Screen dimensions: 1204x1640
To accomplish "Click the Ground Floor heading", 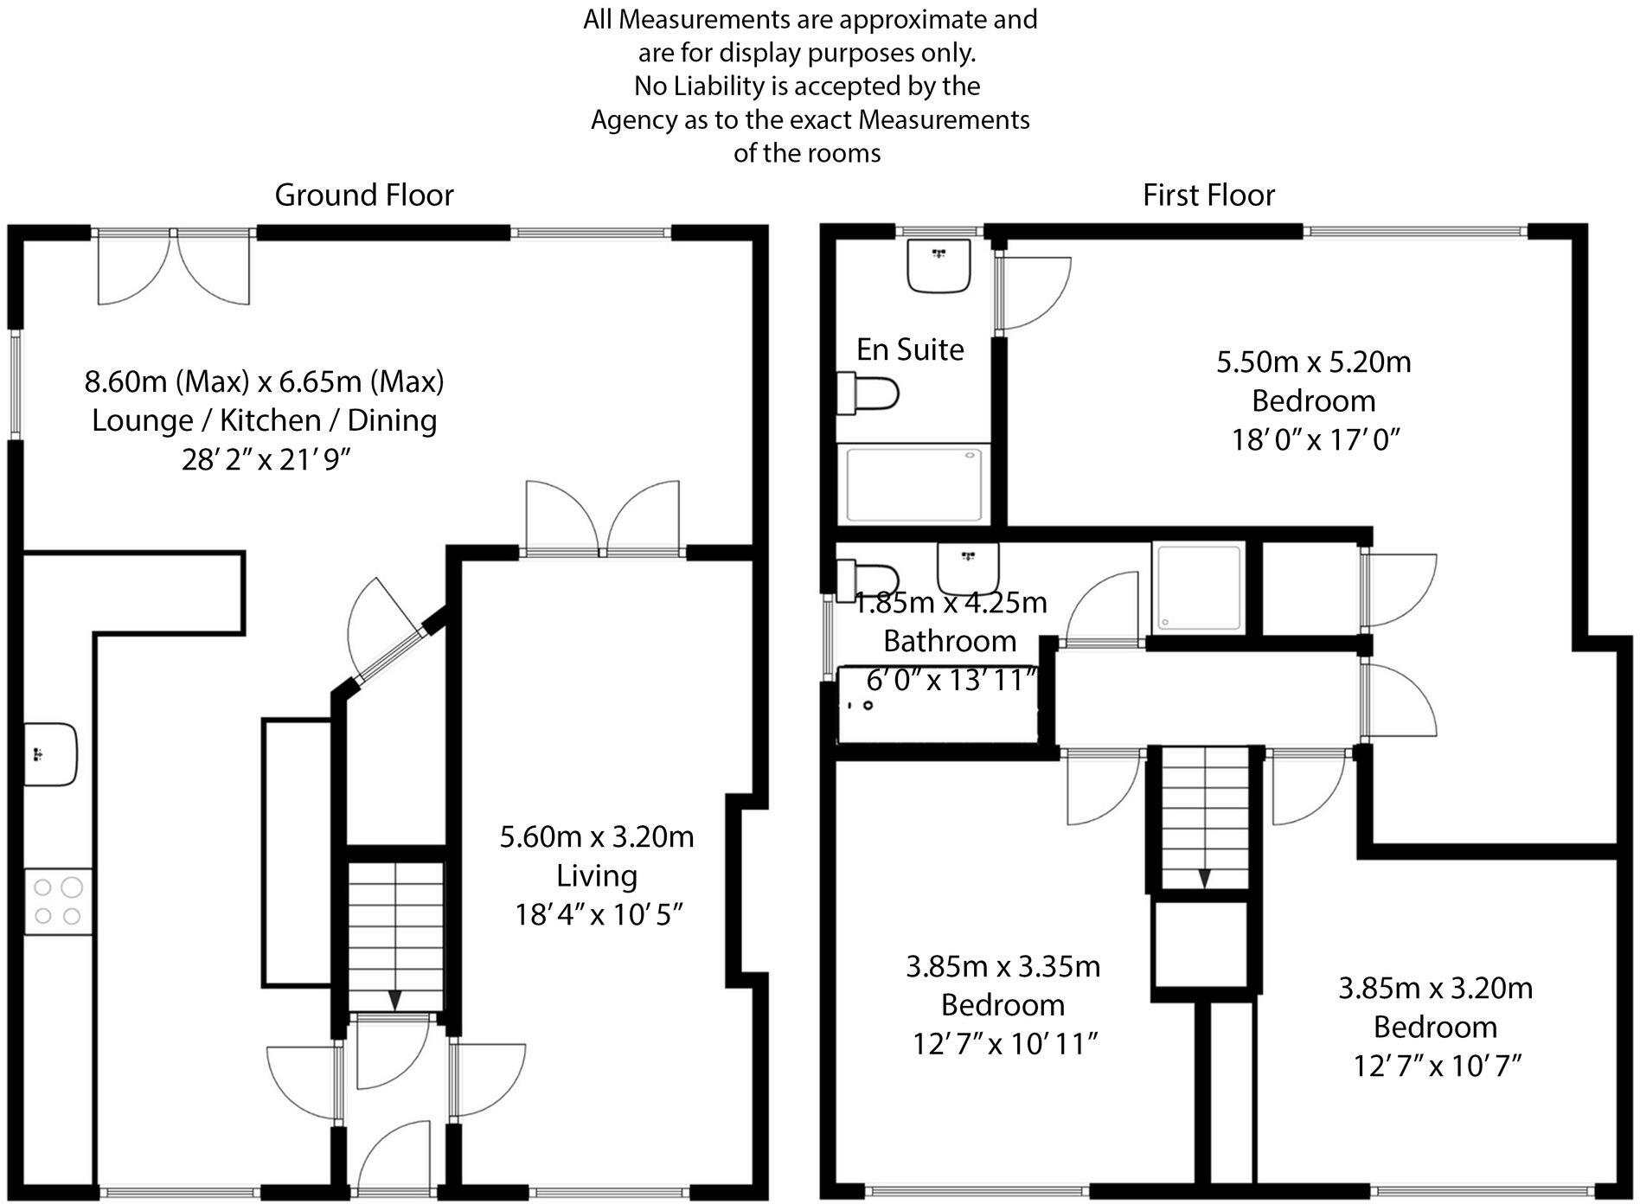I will coord(364,195).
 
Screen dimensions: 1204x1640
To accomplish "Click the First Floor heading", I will coord(1208,195).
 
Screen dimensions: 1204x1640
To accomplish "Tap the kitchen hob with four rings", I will coord(58,901).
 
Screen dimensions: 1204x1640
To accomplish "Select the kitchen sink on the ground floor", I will coord(49,754).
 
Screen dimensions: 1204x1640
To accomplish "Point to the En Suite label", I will coord(910,349).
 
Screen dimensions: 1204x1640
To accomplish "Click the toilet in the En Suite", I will coord(868,394).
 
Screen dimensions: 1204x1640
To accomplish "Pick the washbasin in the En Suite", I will coord(939,266).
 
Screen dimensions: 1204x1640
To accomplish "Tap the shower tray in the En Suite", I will coord(916,484).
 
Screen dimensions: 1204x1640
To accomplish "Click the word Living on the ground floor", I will coord(597,875).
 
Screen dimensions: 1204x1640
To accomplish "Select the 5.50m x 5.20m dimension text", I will coord(1313,362).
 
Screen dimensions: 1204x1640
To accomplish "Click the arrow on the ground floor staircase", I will coord(394,1000).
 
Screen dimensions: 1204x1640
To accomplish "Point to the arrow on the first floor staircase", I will coord(1204,878).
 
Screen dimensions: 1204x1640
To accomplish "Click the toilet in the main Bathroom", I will coord(867,574).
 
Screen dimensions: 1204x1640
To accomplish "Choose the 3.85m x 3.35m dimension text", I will coord(1003,966).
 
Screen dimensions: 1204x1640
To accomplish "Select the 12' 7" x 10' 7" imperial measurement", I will coord(1436,1066).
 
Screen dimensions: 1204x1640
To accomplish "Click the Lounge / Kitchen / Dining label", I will coord(264,420).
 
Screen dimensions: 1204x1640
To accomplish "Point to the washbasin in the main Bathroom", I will coord(968,567).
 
